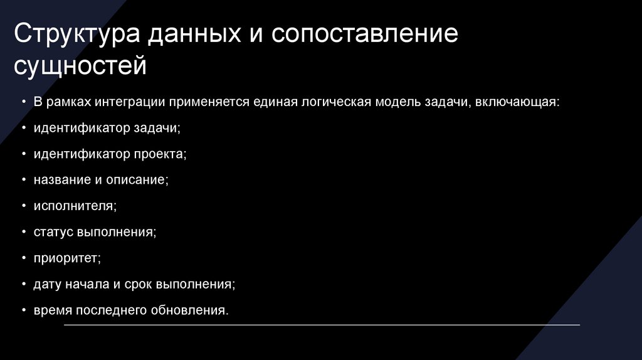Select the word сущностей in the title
point(81,65)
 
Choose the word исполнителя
point(75,206)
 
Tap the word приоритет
point(67,258)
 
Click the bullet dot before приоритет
point(23,258)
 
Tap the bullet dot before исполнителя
point(23,206)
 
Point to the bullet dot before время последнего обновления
point(23,310)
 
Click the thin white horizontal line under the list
point(322,325)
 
